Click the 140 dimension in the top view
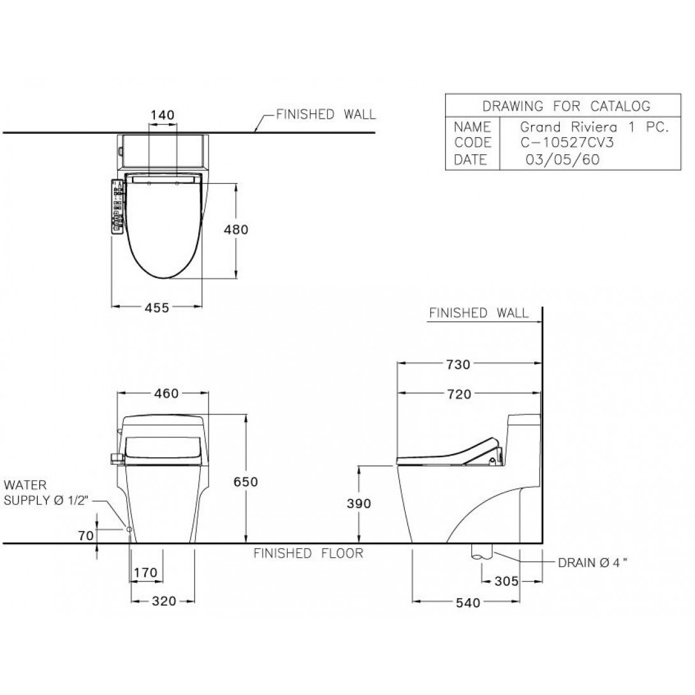[x=162, y=115]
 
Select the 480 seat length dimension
[x=236, y=230]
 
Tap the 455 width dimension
[x=157, y=307]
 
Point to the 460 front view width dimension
[x=166, y=393]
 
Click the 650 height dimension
[x=245, y=481]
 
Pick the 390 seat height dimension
[x=359, y=504]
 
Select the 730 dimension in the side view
[x=458, y=364]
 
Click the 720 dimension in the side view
[x=458, y=394]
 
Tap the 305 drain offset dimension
[x=506, y=581]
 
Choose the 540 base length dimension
[x=468, y=603]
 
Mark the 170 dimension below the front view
[x=145, y=573]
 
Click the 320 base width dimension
[x=164, y=601]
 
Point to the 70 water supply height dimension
[x=86, y=536]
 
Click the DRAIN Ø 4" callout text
[x=592, y=563]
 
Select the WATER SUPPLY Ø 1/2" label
[x=46, y=492]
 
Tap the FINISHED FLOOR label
[x=308, y=553]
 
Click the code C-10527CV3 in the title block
[x=567, y=143]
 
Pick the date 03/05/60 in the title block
[x=562, y=159]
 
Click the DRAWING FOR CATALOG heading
[x=566, y=106]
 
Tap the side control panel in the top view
[x=118, y=206]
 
